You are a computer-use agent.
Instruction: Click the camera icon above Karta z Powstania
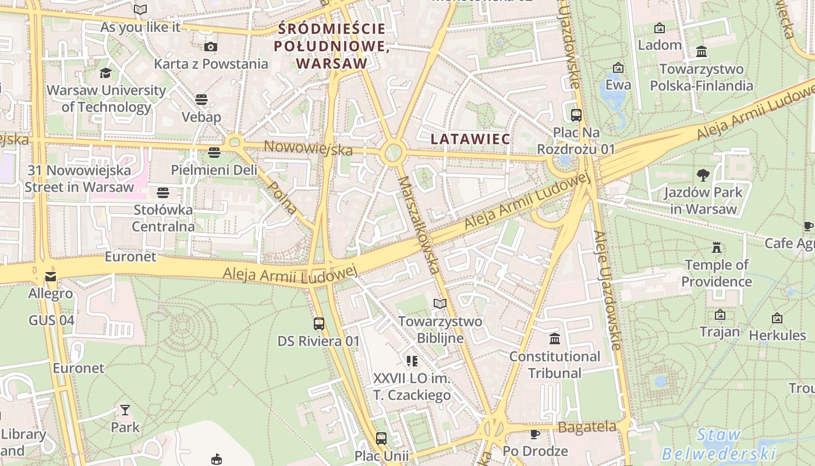pyautogui.click(x=211, y=47)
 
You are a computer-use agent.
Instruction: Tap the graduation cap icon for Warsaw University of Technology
pyautogui.click(x=105, y=73)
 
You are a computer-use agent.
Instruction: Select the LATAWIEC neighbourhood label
pyautogui.click(x=470, y=139)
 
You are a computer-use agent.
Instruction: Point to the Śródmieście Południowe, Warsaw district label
pyautogui.click(x=332, y=45)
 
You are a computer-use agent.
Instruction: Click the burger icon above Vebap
pyautogui.click(x=201, y=100)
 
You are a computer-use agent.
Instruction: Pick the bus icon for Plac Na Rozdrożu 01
pyautogui.click(x=576, y=115)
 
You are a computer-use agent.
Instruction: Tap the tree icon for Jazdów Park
pyautogui.click(x=703, y=175)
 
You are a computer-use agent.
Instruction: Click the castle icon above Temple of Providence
pyautogui.click(x=717, y=248)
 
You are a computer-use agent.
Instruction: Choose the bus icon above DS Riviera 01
pyautogui.click(x=318, y=324)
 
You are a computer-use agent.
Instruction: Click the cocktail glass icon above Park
pyautogui.click(x=125, y=409)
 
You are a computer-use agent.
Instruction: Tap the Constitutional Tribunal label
pyautogui.click(x=554, y=364)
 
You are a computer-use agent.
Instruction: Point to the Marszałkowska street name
pyautogui.click(x=418, y=224)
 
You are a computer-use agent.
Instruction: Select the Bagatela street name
pyautogui.click(x=587, y=427)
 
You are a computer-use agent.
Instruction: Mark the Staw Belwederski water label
pyautogui.click(x=719, y=444)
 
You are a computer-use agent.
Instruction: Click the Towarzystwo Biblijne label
pyautogui.click(x=440, y=329)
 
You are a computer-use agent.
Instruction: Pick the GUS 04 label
pyautogui.click(x=52, y=320)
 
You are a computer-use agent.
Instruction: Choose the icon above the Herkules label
pyautogui.click(x=777, y=318)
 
